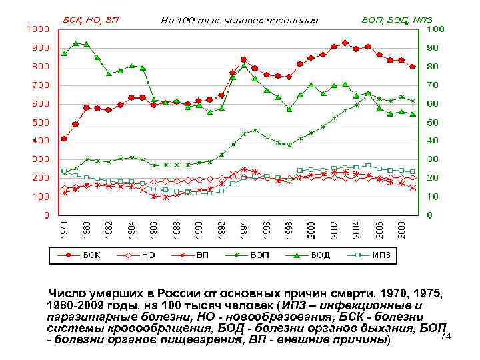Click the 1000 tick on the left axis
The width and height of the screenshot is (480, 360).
click(x=37, y=29)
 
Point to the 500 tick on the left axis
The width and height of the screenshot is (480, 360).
click(x=39, y=123)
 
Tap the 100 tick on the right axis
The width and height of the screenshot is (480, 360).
click(x=436, y=29)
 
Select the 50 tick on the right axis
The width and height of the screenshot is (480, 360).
click(x=433, y=123)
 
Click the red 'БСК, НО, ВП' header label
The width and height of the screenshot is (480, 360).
click(x=90, y=20)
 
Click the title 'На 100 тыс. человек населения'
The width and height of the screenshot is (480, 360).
click(x=240, y=20)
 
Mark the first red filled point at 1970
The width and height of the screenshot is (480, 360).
click(x=64, y=139)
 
